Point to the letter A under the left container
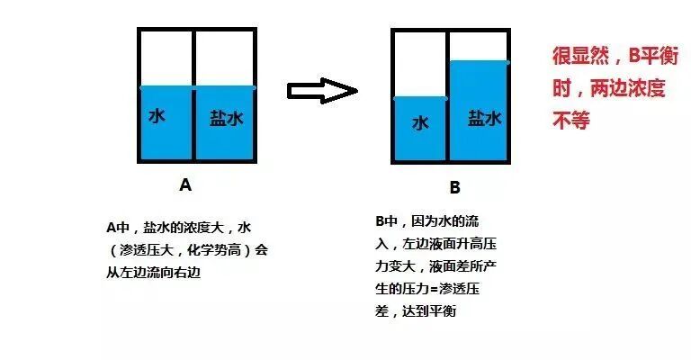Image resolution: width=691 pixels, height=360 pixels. (185, 185)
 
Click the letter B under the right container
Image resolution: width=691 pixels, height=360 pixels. (454, 188)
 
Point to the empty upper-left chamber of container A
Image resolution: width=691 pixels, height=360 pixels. (166, 58)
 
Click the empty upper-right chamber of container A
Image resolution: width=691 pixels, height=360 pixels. (225, 58)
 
